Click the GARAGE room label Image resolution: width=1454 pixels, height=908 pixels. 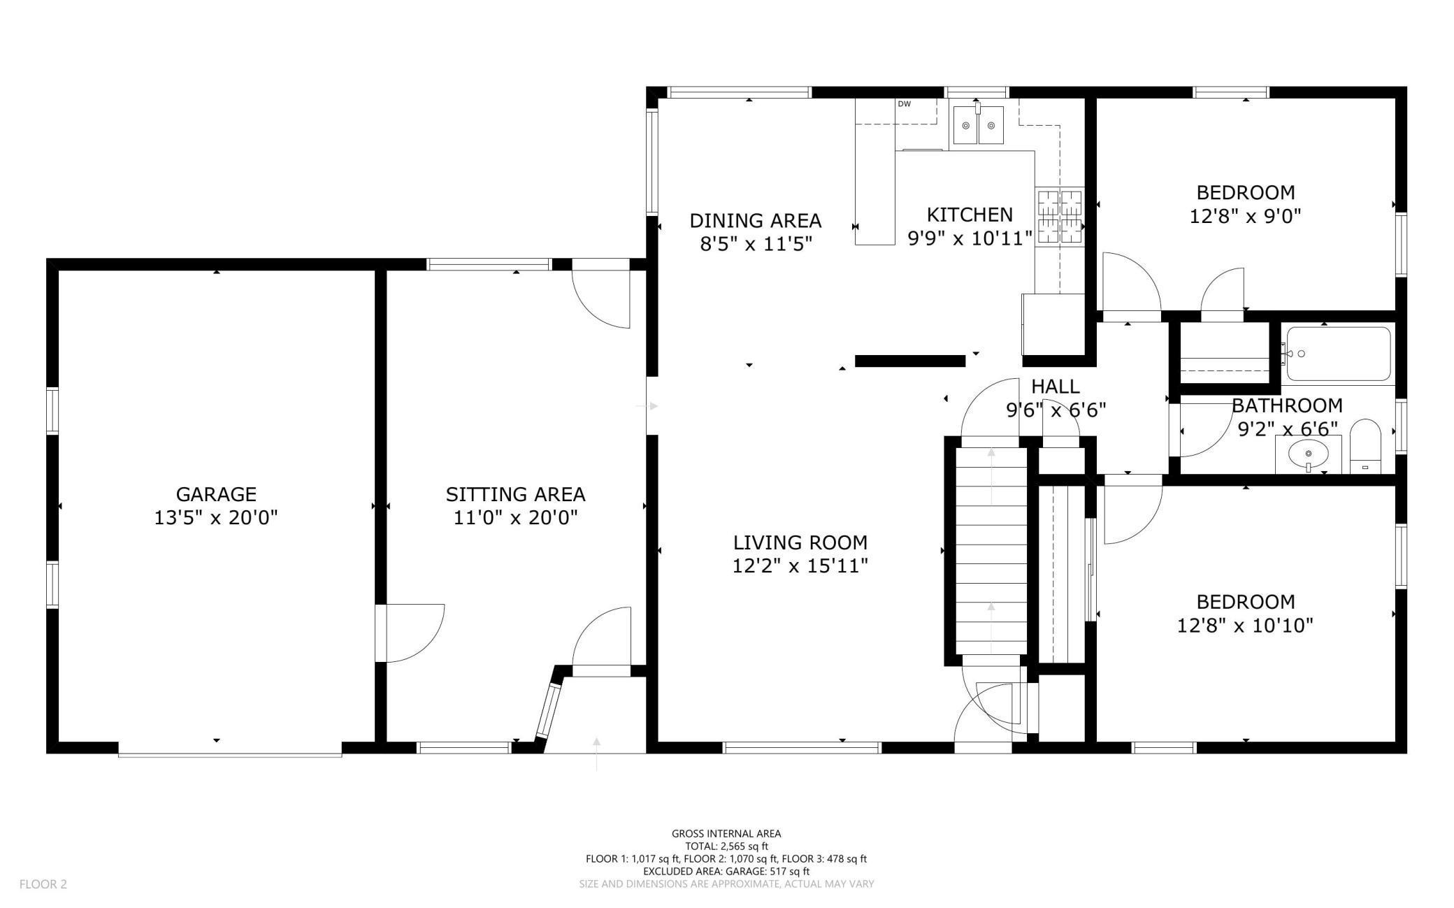[216, 494]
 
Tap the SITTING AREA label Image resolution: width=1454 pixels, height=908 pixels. [515, 494]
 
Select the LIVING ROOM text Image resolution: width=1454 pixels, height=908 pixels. [800, 542]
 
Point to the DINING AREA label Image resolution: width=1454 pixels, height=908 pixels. [755, 221]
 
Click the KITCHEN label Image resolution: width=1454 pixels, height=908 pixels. [970, 215]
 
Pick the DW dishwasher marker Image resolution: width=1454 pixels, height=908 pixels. [904, 104]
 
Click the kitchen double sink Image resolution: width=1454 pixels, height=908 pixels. [978, 126]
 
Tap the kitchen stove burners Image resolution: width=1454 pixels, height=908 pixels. [1059, 217]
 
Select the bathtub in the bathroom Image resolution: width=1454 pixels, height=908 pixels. [1339, 354]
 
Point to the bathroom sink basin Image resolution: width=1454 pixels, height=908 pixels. [1308, 454]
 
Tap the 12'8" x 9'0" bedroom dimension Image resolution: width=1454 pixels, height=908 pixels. [1246, 216]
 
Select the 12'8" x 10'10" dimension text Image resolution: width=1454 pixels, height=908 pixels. [1246, 625]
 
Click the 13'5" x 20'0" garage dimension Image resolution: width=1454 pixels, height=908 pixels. [216, 518]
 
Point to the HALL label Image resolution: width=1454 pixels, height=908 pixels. [1056, 387]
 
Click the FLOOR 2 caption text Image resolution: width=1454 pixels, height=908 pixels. [43, 884]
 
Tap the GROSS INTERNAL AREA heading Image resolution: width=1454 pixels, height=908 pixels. [726, 833]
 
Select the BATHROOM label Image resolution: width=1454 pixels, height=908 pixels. [1287, 405]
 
